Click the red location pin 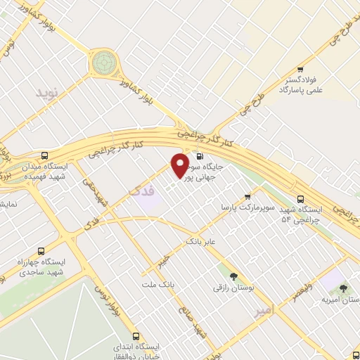tap(180, 165)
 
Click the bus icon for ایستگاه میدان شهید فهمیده tap(45, 155)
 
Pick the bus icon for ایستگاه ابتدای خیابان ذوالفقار tap(136, 337)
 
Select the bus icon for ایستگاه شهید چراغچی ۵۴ tap(301, 199)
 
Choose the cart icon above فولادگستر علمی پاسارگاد tap(300, 69)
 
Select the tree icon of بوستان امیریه tap(342, 288)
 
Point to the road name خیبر tap(164, 260)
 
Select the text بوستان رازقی tap(233, 288)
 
